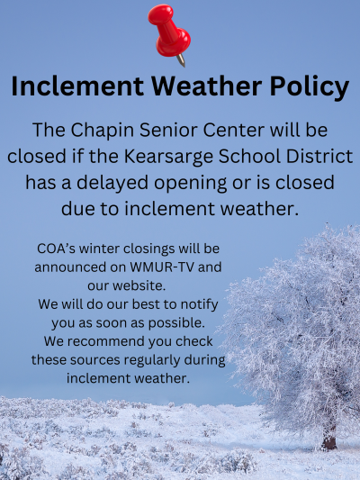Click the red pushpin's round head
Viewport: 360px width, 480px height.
click(160, 14)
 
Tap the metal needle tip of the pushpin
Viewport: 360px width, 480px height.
click(184, 65)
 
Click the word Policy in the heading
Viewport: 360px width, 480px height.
click(310, 86)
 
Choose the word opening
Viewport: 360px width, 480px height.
click(190, 184)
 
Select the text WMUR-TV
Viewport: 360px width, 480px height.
click(162, 267)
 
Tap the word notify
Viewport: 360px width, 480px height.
click(200, 305)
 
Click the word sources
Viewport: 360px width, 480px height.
click(94, 360)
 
